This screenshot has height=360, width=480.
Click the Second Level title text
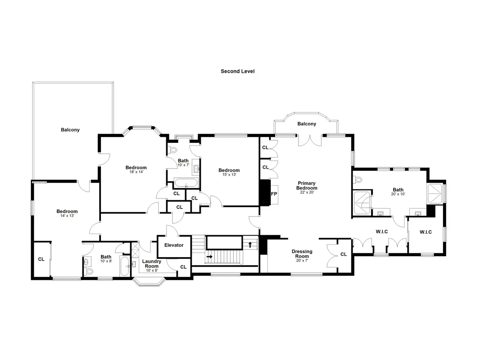pyautogui.click(x=237, y=71)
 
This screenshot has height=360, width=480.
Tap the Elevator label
pyautogui.click(x=174, y=245)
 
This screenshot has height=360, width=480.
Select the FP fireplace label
pyautogui.click(x=274, y=194)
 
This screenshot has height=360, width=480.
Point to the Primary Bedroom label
pyautogui.click(x=307, y=186)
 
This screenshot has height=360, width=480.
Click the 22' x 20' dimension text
pyautogui.click(x=307, y=192)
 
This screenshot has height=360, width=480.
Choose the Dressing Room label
pyautogui.click(x=302, y=254)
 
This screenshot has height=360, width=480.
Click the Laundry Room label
pyautogui.click(x=151, y=264)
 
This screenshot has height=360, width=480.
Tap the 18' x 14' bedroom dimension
pyautogui.click(x=136, y=172)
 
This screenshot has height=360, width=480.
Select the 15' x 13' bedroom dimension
pyautogui.click(x=229, y=175)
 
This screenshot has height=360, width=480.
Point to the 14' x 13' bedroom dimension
pyautogui.click(x=67, y=216)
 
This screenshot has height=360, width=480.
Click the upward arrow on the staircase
pyautogui.click(x=250, y=244)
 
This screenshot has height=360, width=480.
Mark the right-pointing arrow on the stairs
pyautogui.click(x=210, y=256)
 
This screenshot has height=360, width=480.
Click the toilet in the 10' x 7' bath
pyautogui.click(x=172, y=150)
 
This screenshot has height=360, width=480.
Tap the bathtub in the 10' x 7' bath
pyautogui.click(x=186, y=183)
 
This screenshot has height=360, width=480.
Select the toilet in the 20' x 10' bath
pyautogui.click(x=357, y=180)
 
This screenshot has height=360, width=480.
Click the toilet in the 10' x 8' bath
pyautogui.click(x=89, y=271)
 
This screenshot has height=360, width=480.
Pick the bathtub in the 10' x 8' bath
pyautogui.click(x=124, y=266)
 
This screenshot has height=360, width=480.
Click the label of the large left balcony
pyautogui.click(x=70, y=130)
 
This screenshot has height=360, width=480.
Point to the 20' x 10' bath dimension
pyautogui.click(x=398, y=194)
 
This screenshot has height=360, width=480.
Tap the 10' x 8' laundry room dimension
pyautogui.click(x=152, y=270)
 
